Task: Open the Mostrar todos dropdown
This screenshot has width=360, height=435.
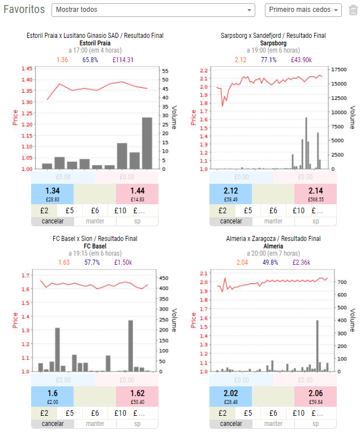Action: pyautogui.click(x=153, y=10)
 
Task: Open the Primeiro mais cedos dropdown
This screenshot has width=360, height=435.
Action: pyautogui.click(x=303, y=10)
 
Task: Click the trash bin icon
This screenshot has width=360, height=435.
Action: pyautogui.click(x=353, y=10)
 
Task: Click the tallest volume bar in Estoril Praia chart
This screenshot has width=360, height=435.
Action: pyautogui.click(x=147, y=143)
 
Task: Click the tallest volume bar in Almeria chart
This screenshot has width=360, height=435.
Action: pyautogui.click(x=317, y=346)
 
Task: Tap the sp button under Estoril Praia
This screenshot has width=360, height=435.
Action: pyautogui.click(x=137, y=221)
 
